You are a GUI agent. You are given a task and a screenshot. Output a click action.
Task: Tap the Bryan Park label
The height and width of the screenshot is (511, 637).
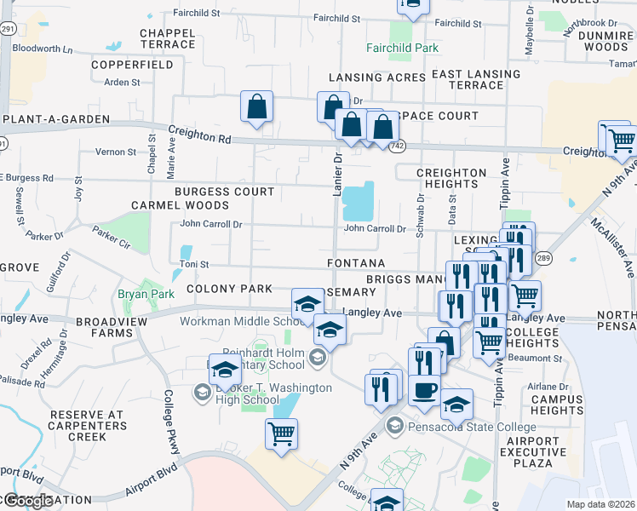pos(145,294)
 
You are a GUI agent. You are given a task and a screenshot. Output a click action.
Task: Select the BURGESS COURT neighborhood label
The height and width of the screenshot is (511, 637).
pos(225,192)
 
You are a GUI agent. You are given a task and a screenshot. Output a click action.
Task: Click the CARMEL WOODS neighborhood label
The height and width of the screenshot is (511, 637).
pos(180,206)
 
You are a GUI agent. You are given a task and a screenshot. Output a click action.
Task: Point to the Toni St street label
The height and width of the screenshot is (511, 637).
pos(195,265)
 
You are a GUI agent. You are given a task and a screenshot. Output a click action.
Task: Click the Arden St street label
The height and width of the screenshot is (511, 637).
pos(122,83)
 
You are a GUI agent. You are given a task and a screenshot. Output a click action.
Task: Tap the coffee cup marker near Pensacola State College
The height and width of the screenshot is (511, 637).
pos(424,391)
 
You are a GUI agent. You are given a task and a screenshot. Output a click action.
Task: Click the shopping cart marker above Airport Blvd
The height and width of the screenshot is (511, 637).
pos(281,433)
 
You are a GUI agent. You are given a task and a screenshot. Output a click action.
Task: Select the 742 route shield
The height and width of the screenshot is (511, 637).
pos(398,146)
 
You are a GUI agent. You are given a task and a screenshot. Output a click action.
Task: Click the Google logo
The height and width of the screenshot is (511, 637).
pos(28,501)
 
